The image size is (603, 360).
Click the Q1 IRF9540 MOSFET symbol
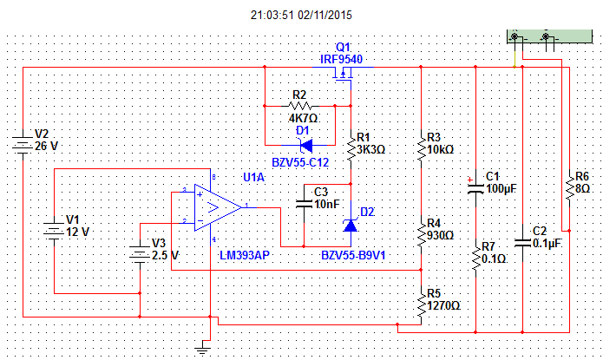(x=343, y=73)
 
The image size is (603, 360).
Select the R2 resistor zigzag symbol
(x=299, y=106)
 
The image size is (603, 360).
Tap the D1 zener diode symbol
(x=305, y=146)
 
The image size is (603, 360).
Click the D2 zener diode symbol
(x=351, y=226)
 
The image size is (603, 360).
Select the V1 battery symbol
(x=54, y=231)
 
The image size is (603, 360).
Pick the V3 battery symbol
(x=140, y=254)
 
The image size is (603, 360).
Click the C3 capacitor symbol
(x=304, y=204)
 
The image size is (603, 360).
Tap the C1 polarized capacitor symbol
(x=475, y=188)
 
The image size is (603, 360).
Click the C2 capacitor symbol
(x=522, y=243)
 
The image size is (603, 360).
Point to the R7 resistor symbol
(x=475, y=259)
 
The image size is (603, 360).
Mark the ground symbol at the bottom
(x=203, y=350)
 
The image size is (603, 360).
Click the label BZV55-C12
(x=300, y=163)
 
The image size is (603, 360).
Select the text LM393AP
(x=244, y=255)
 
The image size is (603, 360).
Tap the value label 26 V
(x=47, y=147)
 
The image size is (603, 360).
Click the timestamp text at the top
(x=301, y=15)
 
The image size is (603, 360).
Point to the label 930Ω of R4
(x=441, y=235)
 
